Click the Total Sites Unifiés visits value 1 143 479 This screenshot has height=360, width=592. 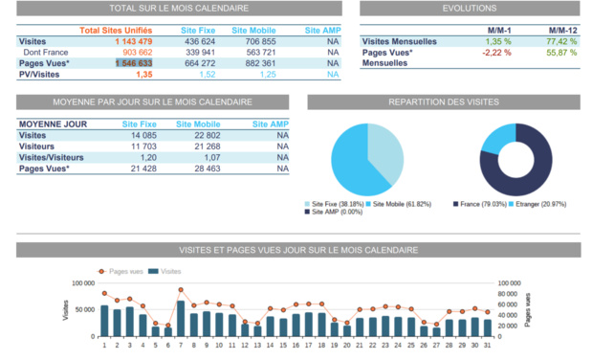pyautogui.click(x=133, y=42)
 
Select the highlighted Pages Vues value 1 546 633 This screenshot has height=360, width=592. pyautogui.click(x=133, y=63)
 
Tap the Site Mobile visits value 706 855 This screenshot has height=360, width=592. pyautogui.click(x=260, y=42)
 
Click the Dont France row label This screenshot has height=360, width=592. pyautogui.click(x=45, y=53)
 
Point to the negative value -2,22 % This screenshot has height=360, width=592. pyautogui.click(x=497, y=53)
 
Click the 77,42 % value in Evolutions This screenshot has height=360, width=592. pyautogui.click(x=561, y=42)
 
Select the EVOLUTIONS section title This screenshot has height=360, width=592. pyautogui.click(x=470, y=8)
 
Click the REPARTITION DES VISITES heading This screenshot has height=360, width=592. pyautogui.click(x=443, y=101)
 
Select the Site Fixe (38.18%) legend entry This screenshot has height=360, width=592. pyautogui.click(x=334, y=204)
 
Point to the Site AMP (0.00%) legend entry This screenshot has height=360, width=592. pyautogui.click(x=334, y=212)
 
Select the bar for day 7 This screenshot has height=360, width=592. pyautogui.click(x=180, y=319)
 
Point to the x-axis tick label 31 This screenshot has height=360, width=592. pyautogui.click(x=487, y=345)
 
